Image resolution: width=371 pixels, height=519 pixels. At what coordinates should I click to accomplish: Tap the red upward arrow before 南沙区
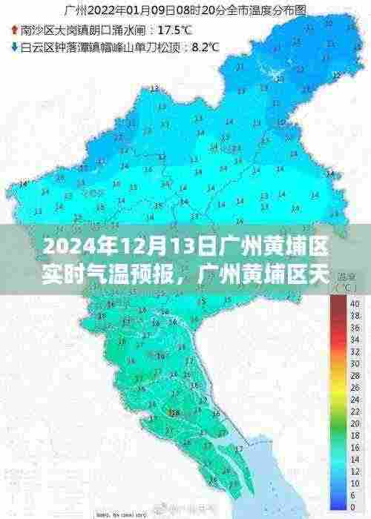16,31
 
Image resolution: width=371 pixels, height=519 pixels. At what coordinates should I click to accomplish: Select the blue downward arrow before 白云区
16,47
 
